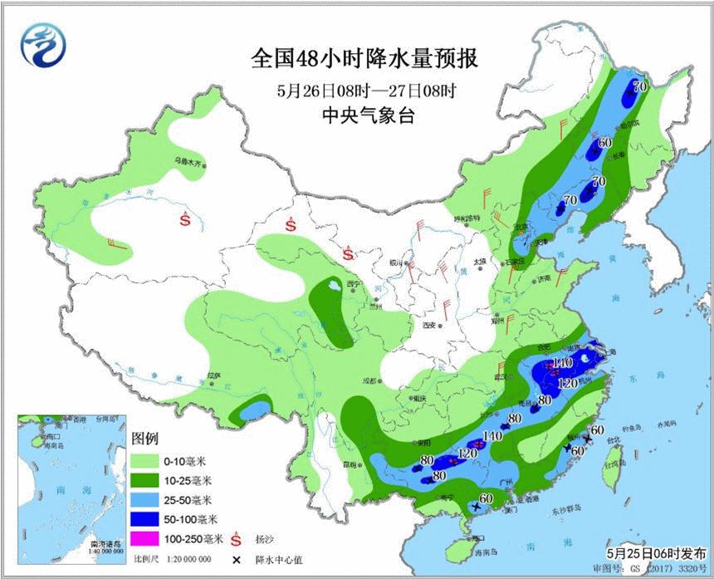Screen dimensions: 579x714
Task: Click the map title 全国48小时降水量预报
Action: point(365,59)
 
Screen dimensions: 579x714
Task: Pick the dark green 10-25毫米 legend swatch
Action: point(147,479)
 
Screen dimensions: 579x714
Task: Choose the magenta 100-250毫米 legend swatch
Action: point(147,540)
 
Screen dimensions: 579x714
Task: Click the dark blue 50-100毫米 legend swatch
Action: point(147,519)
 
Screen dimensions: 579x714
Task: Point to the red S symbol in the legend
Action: point(237,539)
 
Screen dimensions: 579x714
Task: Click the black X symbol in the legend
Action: point(237,559)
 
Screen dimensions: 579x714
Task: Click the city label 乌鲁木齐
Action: point(188,163)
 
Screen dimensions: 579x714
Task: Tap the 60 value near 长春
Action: point(604,142)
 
